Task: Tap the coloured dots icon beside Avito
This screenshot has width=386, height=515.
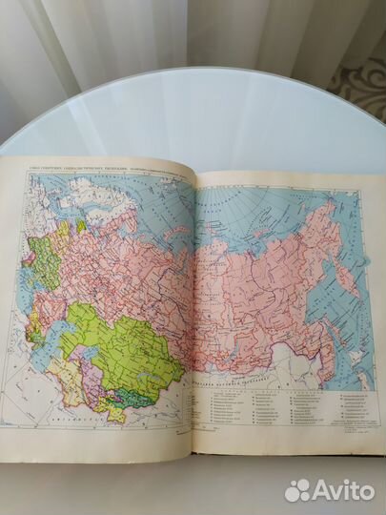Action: [298, 489]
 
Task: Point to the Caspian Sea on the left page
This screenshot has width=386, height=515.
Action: [59, 343]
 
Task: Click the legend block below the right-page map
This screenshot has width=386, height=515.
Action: [286, 401]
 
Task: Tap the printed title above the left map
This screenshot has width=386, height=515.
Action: [86, 164]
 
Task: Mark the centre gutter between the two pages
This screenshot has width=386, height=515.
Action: [193, 315]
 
